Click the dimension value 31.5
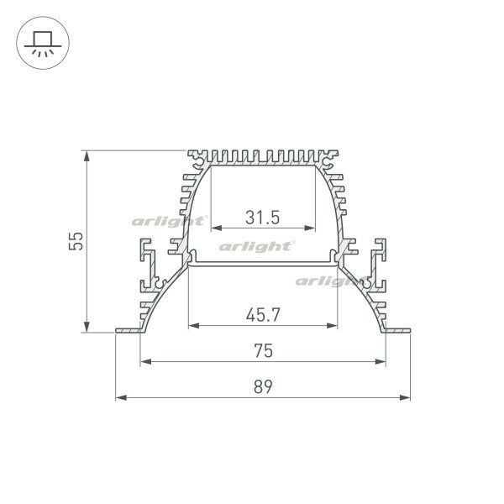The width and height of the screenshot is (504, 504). click(262, 217)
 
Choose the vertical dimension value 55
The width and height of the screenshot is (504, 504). click(76, 242)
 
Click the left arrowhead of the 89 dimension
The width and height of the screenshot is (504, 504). click(118, 397)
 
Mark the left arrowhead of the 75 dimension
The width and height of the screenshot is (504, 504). click(143, 362)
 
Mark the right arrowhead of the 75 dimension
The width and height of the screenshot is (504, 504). click(387, 362)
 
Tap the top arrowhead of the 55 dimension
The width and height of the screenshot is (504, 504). click(87, 154)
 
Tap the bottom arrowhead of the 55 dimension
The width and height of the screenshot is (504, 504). click(87, 328)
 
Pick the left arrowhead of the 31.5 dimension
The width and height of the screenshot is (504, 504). click(213, 228)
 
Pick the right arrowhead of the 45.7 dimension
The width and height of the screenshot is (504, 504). click(343, 326)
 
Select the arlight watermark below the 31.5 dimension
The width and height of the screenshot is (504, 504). click(256, 246)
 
